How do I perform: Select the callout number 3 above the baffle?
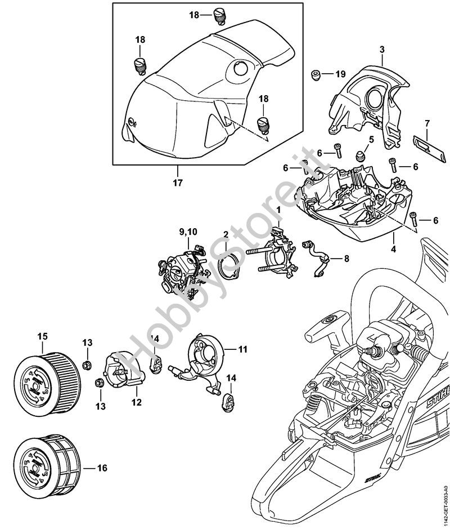pyautogui.click(x=382, y=50)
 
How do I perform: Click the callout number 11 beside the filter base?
pyautogui.click(x=242, y=349)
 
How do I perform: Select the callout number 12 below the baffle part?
pyautogui.click(x=137, y=402)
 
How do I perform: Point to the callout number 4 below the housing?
pyautogui.click(x=394, y=248)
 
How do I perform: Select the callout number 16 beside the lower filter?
pyautogui.click(x=102, y=468)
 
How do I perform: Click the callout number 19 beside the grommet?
pyautogui.click(x=340, y=74)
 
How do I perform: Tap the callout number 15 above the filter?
pyautogui.click(x=42, y=337)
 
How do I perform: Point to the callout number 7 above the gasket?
pyautogui.click(x=427, y=123)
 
